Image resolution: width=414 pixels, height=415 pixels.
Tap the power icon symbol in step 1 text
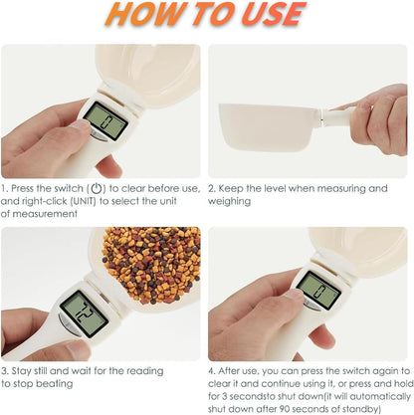coord(97,187)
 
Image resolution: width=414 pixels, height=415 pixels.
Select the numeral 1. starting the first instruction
coord(5,187)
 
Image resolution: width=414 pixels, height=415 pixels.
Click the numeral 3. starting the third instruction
coord(5,370)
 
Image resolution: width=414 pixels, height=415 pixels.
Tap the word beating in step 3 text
coord(60,382)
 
